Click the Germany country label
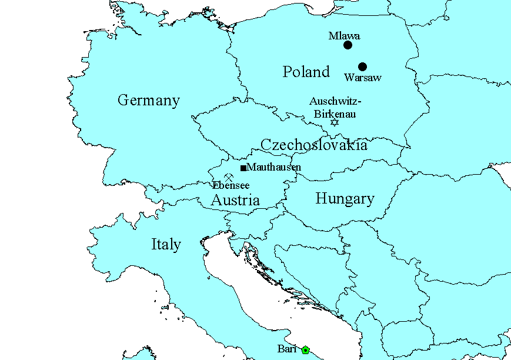(148, 100)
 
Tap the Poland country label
(306, 72)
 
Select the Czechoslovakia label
(313, 145)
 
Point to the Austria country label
(235, 200)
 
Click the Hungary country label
(345, 199)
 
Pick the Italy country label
(166, 244)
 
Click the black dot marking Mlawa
(348, 45)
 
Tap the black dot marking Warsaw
(362, 66)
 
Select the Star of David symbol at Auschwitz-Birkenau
(335, 122)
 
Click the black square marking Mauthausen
(243, 168)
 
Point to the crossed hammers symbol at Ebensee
(229, 177)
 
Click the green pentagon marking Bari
(305, 350)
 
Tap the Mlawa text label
(344, 36)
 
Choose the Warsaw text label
(363, 78)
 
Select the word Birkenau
(334, 114)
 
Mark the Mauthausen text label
(274, 167)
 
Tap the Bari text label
(288, 349)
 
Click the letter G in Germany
(123, 100)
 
